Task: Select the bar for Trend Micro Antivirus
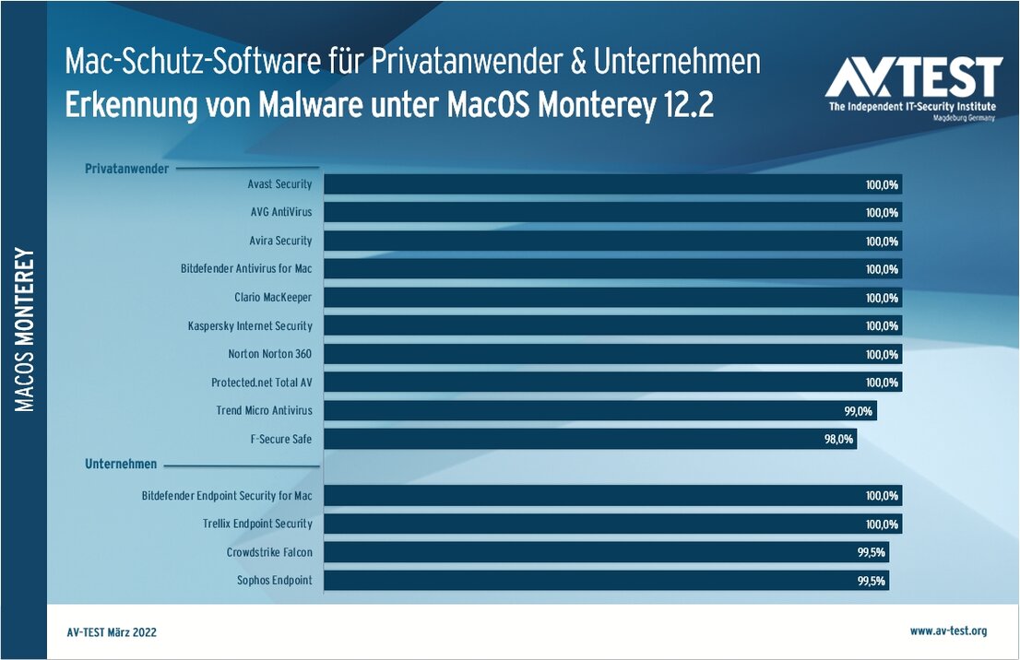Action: [599, 410]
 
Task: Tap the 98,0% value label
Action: [838, 439]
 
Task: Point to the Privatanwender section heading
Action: [127, 169]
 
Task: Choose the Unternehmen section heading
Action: [121, 464]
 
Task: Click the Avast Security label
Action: [279, 184]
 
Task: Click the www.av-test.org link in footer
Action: [948, 631]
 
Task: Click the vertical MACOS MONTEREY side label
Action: [25, 329]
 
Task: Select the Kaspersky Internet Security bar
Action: [612, 325]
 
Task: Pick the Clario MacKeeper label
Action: [273, 298]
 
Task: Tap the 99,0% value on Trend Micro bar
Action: [859, 410]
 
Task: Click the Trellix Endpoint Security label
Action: [257, 524]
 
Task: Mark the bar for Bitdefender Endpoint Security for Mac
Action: [612, 495]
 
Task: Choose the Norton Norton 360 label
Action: [270, 354]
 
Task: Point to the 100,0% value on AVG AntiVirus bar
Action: [882, 213]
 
